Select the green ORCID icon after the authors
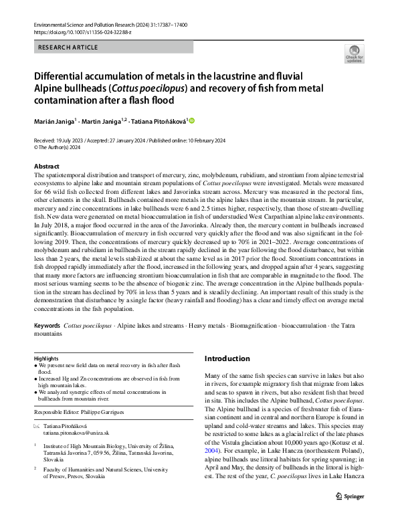[192, 120]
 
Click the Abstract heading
[46, 166]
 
